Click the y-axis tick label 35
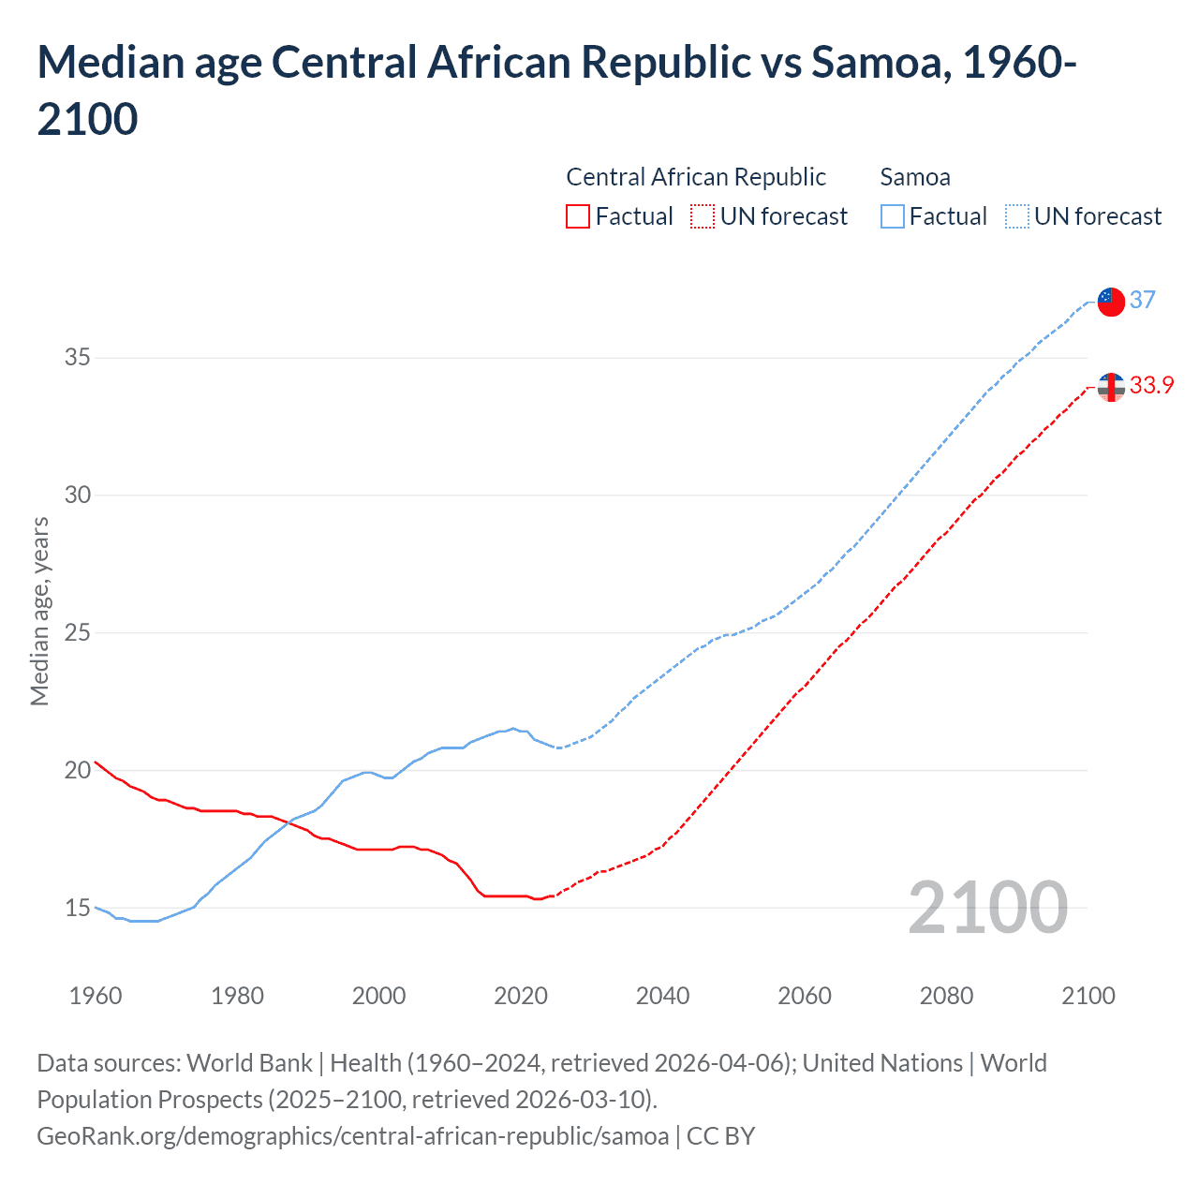[77, 357]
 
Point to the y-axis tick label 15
[77, 908]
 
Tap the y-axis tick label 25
[77, 632]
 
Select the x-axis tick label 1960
[96, 996]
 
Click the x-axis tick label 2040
[662, 996]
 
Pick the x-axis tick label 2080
[946, 996]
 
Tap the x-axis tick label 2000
[378, 996]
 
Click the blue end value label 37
[1142, 300]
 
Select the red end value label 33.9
[1151, 385]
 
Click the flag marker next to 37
[1110, 302]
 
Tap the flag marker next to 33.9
[1110, 386]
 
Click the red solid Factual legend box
[578, 216]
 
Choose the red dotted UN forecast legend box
[703, 216]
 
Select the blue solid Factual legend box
[893, 216]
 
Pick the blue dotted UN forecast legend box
[1016, 216]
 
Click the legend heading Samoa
[915, 177]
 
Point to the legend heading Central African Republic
[696, 177]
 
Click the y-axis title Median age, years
[39, 611]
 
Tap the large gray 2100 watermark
[987, 908]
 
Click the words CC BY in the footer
[720, 1136]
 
